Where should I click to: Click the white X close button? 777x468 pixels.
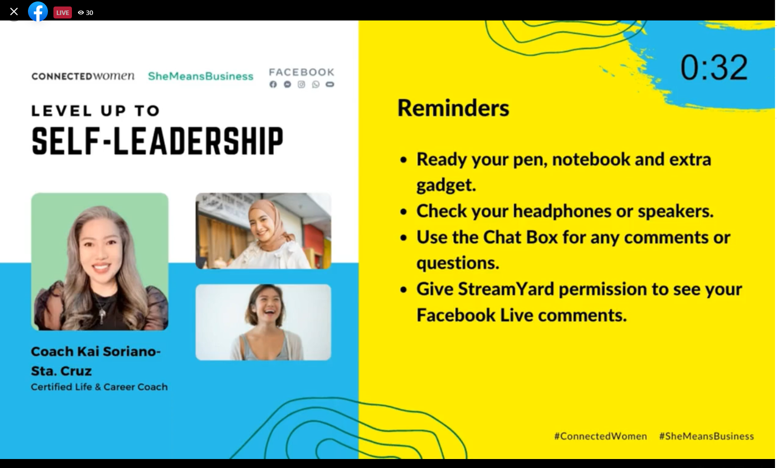[x=14, y=12]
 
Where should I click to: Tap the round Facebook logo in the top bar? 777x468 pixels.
[x=38, y=11]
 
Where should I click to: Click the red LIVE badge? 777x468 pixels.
[x=62, y=12]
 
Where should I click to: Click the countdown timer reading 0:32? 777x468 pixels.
[x=714, y=67]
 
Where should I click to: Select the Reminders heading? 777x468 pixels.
[x=453, y=108]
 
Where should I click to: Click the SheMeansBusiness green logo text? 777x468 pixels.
[x=201, y=76]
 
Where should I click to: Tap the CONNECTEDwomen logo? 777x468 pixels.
[x=83, y=76]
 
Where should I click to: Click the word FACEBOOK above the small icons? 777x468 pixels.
[x=302, y=72]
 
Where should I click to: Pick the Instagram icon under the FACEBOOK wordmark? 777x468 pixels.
[x=301, y=84]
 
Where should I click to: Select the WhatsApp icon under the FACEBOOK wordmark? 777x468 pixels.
[x=316, y=84]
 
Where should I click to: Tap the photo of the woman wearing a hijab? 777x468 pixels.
[x=263, y=231]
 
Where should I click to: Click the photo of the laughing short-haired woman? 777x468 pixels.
[x=263, y=322]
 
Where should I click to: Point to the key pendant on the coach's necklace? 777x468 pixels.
[x=103, y=315]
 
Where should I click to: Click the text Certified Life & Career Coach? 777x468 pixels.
[x=99, y=387]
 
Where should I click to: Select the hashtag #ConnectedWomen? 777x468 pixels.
[x=600, y=436]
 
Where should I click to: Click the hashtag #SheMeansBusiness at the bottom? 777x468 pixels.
[x=707, y=436]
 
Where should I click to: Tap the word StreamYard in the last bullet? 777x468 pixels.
[x=506, y=289]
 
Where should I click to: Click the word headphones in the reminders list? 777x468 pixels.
[x=562, y=211]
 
